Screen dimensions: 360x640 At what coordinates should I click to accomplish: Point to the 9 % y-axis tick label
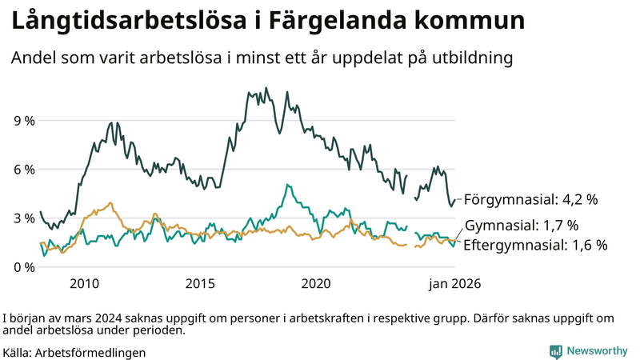click(x=23, y=121)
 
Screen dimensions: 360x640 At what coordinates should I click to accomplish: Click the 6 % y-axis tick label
click(x=23, y=170)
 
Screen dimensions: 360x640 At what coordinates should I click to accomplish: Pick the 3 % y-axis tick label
click(x=23, y=218)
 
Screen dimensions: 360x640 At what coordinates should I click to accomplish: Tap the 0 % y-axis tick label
click(x=23, y=267)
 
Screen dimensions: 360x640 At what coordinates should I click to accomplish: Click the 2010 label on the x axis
click(x=84, y=283)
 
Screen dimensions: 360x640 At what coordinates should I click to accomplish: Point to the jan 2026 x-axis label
click(x=454, y=283)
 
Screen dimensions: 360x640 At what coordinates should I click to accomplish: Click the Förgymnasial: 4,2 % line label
click(x=531, y=199)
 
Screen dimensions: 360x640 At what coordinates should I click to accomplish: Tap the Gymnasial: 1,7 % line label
click(x=521, y=225)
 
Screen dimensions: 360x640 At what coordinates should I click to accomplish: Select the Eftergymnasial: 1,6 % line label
click(x=535, y=245)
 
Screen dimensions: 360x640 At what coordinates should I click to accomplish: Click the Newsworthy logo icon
click(x=555, y=351)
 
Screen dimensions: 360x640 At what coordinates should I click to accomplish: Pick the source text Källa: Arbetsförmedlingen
click(x=74, y=352)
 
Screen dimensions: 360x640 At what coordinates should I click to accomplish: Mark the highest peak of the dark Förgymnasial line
click(x=266, y=88)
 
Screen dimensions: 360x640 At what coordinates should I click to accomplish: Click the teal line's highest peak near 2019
click(x=287, y=185)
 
